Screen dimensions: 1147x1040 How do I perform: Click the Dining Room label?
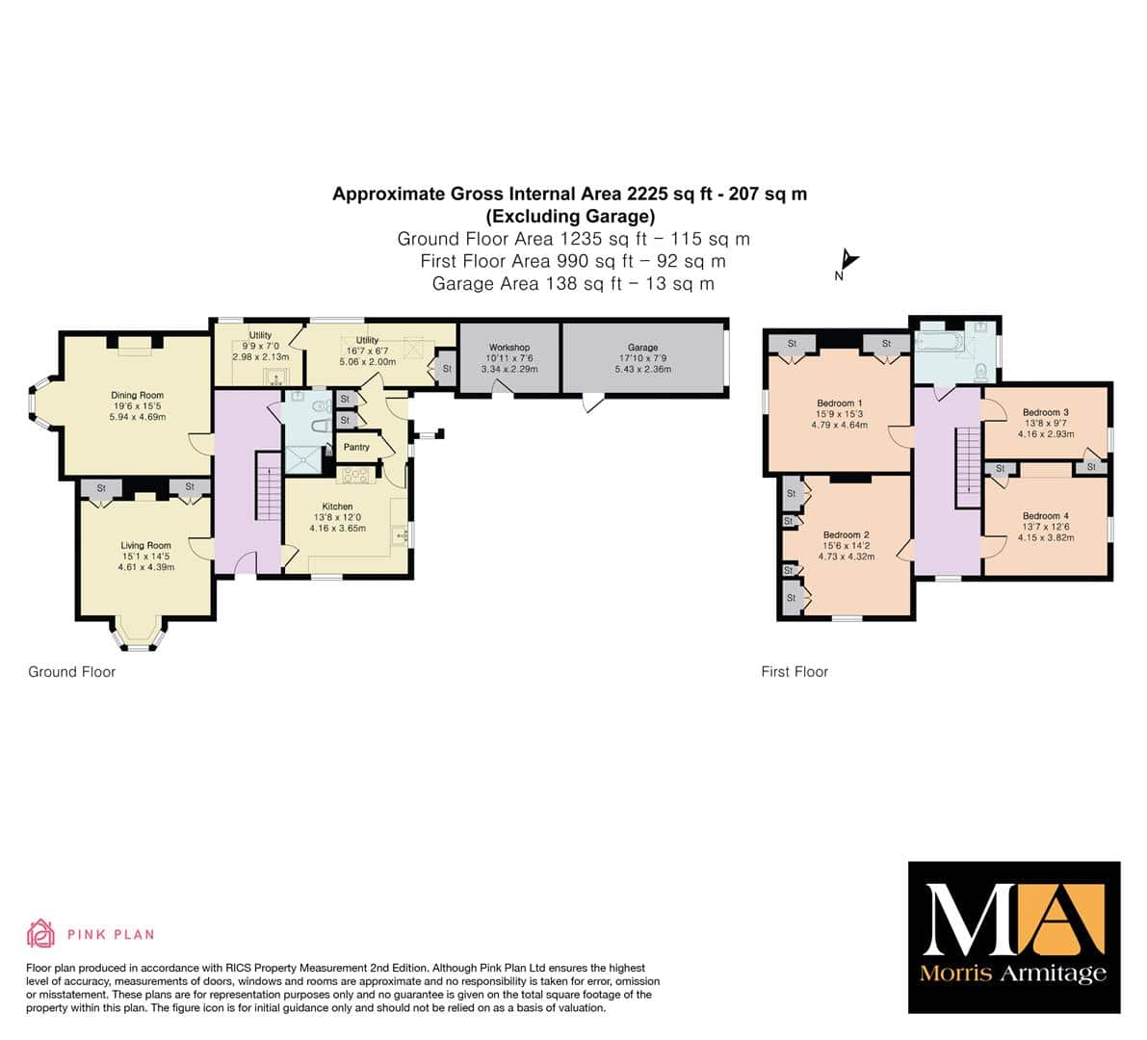[138, 395]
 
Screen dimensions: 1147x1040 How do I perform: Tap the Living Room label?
[145, 545]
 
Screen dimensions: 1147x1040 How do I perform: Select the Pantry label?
[356, 447]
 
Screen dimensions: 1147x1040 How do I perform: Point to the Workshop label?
[509, 348]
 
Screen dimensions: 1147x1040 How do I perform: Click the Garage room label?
[643, 348]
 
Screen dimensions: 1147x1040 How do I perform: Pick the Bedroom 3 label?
[1046, 412]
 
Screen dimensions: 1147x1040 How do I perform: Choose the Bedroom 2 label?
[847, 534]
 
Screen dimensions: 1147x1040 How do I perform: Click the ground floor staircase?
[268, 486]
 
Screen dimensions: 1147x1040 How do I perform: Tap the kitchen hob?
[355, 476]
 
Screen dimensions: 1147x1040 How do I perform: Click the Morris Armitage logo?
[1014, 937]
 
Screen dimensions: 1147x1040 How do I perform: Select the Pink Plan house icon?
[40, 933]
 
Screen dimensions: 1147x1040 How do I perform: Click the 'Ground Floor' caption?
[71, 671]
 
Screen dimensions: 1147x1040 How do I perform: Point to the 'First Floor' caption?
[795, 671]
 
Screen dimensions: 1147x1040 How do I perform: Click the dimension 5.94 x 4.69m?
[138, 417]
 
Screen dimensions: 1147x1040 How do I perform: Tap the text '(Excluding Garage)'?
[570, 217]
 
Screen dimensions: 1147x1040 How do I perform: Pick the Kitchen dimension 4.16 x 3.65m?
[337, 528]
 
